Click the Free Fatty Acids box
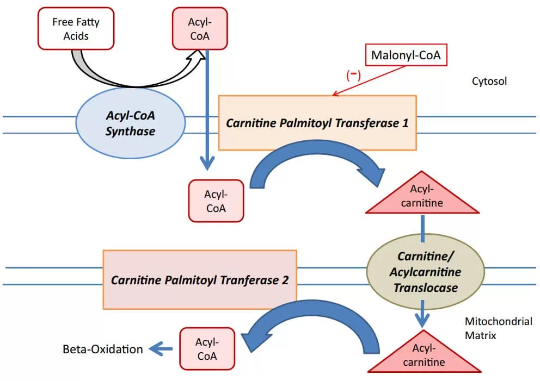(x=76, y=29)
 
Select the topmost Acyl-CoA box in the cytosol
(x=198, y=29)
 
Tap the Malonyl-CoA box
(x=406, y=55)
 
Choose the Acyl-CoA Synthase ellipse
(x=130, y=124)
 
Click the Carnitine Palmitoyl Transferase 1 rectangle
(x=317, y=123)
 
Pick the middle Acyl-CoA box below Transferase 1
(x=216, y=201)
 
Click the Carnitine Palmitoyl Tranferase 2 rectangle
(x=200, y=280)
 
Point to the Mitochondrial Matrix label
(x=498, y=328)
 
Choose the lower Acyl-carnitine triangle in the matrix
(x=424, y=356)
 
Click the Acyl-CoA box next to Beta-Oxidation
(x=207, y=348)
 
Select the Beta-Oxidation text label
(x=102, y=349)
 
